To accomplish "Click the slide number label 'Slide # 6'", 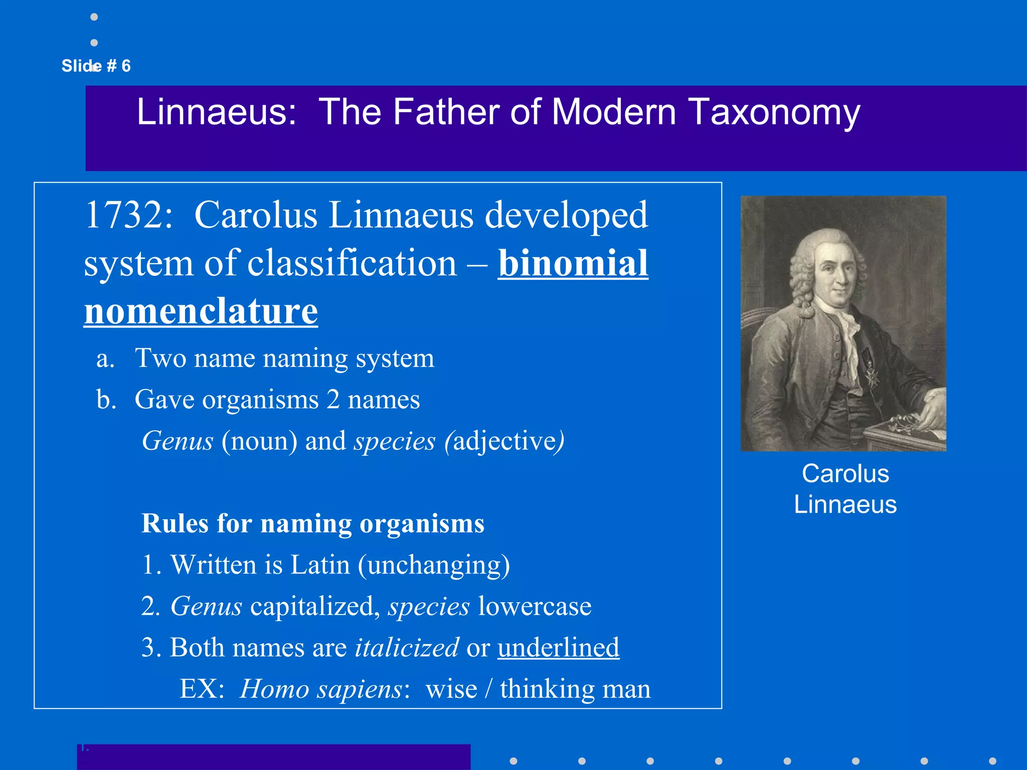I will (x=96, y=66).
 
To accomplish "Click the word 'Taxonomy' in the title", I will (x=775, y=112).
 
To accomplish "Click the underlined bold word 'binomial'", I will (x=573, y=263).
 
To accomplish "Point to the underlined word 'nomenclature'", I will (x=201, y=311).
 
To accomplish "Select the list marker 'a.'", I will (x=105, y=358).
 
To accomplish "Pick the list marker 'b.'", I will (x=106, y=400).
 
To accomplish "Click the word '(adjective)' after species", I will (x=504, y=441).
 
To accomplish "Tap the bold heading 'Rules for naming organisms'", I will (x=313, y=523).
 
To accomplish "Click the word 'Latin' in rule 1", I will (x=320, y=565).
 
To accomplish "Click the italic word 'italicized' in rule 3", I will (x=407, y=647).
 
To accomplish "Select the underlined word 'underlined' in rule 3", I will (x=558, y=647).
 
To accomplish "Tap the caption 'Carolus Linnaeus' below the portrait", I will (x=845, y=489).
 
